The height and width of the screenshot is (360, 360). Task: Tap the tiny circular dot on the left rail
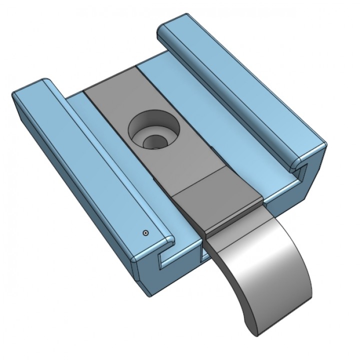145,232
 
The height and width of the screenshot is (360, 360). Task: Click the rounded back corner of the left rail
45,82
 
